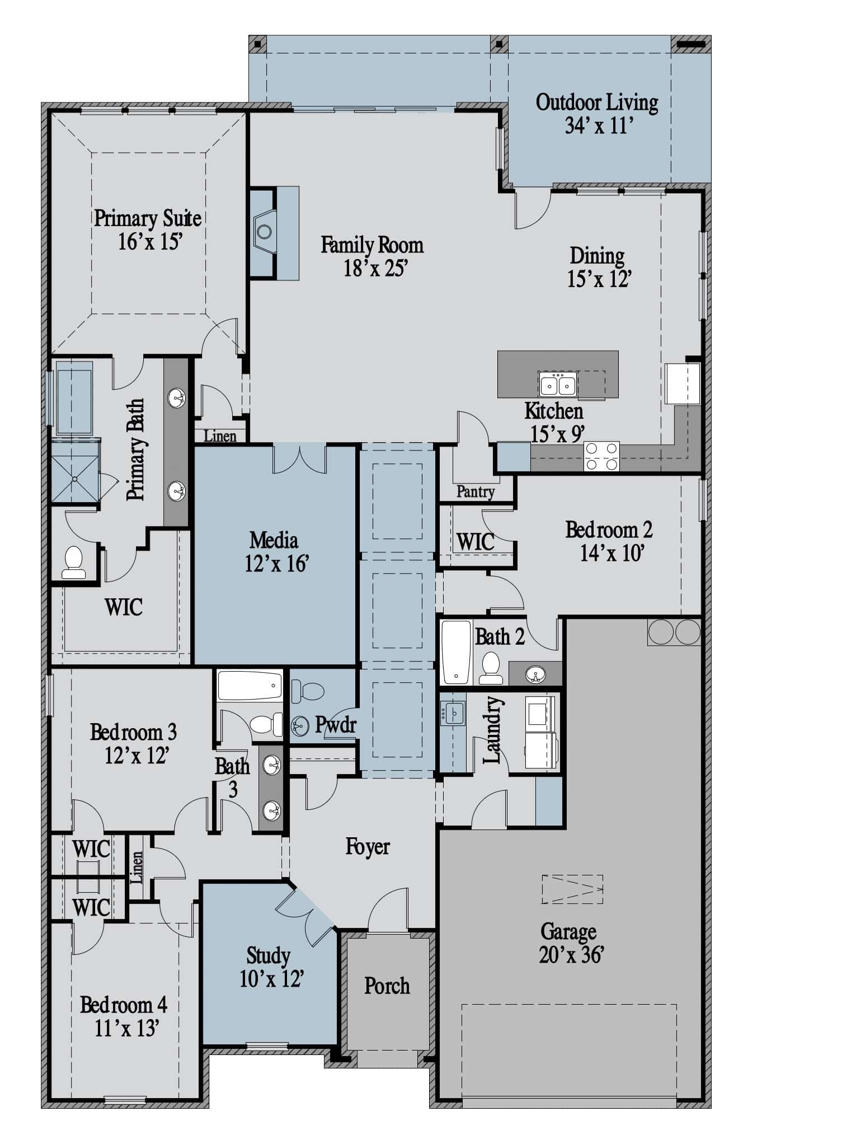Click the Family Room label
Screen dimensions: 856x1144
[371, 245]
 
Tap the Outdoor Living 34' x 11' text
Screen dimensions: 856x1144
[597, 114]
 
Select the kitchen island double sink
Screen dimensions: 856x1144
[558, 384]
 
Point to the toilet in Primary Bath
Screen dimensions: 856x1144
[74, 562]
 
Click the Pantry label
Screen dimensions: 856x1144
[476, 492]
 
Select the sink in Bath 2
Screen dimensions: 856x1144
[535, 674]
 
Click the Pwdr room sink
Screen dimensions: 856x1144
[300, 726]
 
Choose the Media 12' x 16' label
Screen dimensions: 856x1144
[276, 552]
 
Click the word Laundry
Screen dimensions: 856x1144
[492, 729]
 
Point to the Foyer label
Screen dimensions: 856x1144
[367, 847]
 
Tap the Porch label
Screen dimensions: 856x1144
[387, 986]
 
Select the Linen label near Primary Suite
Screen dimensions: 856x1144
[220, 436]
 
